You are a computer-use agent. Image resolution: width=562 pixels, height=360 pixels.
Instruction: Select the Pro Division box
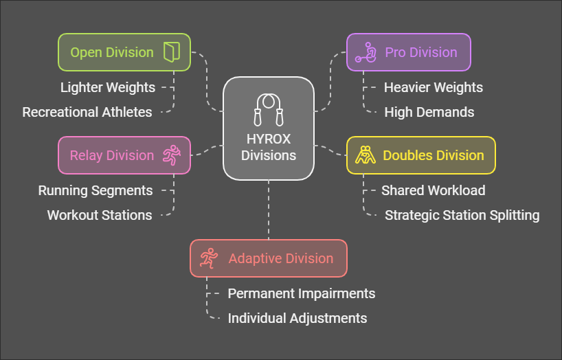(408, 52)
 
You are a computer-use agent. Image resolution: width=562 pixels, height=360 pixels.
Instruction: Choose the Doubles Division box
(420, 155)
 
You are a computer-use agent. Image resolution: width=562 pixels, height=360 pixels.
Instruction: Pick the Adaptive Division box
(268, 258)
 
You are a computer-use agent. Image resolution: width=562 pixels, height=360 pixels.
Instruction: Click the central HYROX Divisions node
(269, 128)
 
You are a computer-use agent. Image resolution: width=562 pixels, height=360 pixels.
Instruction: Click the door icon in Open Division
(171, 52)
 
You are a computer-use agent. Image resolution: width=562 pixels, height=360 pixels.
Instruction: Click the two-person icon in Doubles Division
(365, 155)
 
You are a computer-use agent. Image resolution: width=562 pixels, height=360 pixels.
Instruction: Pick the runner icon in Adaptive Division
(209, 258)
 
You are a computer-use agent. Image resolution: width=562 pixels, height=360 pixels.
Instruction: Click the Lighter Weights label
(108, 87)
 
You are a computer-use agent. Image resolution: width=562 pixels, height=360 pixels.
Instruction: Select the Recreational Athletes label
(87, 112)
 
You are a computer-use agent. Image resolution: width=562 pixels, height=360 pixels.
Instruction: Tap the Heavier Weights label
(434, 87)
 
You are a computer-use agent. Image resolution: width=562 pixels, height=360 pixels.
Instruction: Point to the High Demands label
(429, 112)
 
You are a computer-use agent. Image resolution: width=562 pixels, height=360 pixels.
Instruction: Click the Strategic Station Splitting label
(462, 215)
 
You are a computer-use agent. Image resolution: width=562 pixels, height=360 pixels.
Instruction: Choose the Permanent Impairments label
(302, 293)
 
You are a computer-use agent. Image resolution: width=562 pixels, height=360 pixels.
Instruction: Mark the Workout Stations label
(100, 215)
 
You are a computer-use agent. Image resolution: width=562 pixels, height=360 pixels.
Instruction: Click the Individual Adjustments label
(297, 318)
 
